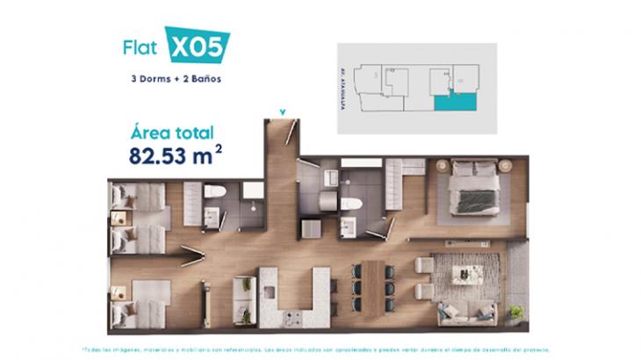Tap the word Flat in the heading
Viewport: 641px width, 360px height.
click(x=140, y=47)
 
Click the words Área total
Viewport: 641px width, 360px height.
click(x=172, y=133)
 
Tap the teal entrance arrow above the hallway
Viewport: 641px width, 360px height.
click(x=282, y=112)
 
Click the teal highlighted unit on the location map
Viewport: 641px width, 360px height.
click(x=457, y=103)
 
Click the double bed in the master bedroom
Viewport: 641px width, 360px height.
click(x=474, y=191)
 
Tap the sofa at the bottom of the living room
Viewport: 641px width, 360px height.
click(x=467, y=311)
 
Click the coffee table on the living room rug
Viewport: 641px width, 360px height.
click(x=467, y=274)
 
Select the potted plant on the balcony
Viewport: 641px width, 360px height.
click(x=516, y=312)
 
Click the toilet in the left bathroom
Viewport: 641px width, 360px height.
click(x=215, y=191)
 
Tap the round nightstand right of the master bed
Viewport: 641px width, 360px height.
click(x=505, y=165)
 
